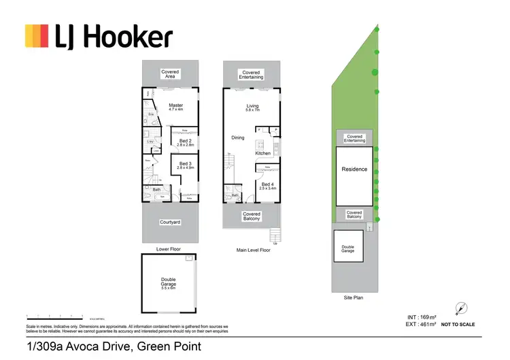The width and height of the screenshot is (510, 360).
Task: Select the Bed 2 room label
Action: pyautogui.click(x=186, y=142)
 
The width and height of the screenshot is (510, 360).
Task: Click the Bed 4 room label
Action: pyautogui.click(x=267, y=185)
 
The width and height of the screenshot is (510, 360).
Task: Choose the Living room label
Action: pyautogui.click(x=253, y=108)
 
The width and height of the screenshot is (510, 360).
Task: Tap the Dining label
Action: pyautogui.click(x=237, y=138)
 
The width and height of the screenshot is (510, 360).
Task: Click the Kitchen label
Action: pyautogui.click(x=262, y=153)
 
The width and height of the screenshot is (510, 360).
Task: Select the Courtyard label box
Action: pyautogui.click(x=169, y=222)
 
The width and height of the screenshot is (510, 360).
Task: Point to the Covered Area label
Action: pyautogui.click(x=170, y=74)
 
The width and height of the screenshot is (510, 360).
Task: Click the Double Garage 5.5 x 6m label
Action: pyautogui.click(x=169, y=286)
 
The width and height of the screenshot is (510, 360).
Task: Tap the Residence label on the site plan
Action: pyautogui.click(x=354, y=169)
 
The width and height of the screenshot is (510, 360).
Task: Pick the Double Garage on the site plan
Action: pyautogui.click(x=347, y=250)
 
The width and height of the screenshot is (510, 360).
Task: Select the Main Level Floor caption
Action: pyautogui.click(x=253, y=250)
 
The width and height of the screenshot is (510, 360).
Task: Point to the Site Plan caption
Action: pyautogui.click(x=354, y=298)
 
